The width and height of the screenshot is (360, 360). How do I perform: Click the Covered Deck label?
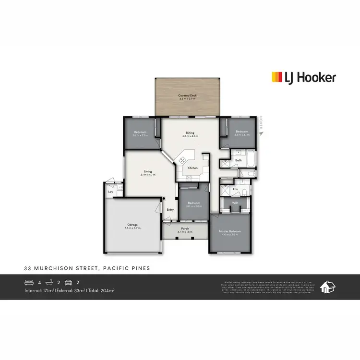[x=188, y=96]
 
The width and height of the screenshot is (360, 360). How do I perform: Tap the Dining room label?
[x=190, y=133]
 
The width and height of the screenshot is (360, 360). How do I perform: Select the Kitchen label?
[x=192, y=168]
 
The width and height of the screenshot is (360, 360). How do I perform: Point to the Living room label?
[x=147, y=171]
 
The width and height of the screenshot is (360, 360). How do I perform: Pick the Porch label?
[x=185, y=228]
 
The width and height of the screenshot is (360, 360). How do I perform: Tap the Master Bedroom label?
[x=230, y=231]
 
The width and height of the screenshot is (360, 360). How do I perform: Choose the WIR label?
[x=235, y=204]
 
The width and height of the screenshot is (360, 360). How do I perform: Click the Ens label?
[x=235, y=189]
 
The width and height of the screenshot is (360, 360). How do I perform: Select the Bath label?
[x=238, y=161]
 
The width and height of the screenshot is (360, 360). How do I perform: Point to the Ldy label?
[x=110, y=192]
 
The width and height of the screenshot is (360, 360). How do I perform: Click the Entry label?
[x=170, y=209]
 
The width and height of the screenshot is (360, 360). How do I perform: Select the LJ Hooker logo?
[x=304, y=77]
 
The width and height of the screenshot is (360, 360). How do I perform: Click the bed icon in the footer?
[x=29, y=282]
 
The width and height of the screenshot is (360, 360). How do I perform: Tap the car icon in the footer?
[x=68, y=282]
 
